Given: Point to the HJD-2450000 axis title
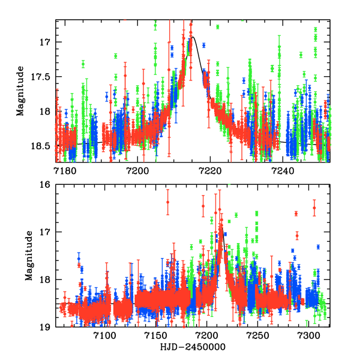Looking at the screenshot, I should [193, 348].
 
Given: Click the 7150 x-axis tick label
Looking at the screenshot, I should [157, 335].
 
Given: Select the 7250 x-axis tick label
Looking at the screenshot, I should [259, 335].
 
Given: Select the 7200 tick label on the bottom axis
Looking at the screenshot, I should [208, 335].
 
